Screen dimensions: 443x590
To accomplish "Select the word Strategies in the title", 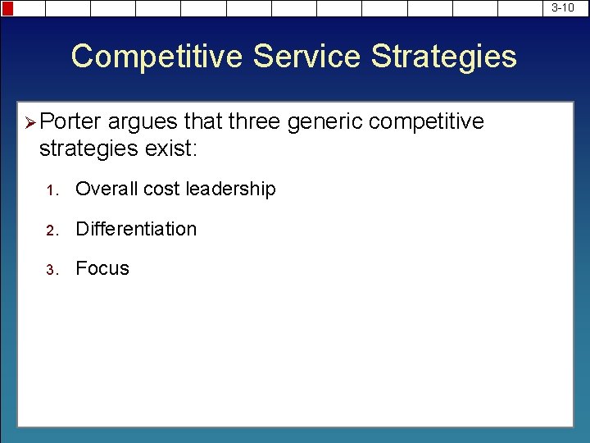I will [x=444, y=57].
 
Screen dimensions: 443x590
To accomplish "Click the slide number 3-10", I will [x=562, y=7].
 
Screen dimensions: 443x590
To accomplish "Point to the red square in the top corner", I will [x=7, y=8].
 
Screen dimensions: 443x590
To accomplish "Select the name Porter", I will [x=70, y=122].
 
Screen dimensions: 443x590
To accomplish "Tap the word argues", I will [x=143, y=122].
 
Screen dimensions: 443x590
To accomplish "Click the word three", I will [x=254, y=122].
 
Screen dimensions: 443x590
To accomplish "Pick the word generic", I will [x=325, y=122].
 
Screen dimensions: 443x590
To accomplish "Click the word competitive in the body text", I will [x=427, y=122].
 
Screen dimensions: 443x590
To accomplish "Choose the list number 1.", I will [x=50, y=190].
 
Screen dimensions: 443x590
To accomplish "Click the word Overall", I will [x=107, y=189].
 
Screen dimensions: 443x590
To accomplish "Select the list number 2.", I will [x=50, y=231].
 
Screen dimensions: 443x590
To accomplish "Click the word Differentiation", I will [x=136, y=229].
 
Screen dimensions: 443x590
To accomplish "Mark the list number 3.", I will [x=50, y=270].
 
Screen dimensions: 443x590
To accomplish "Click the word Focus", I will [x=102, y=268].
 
